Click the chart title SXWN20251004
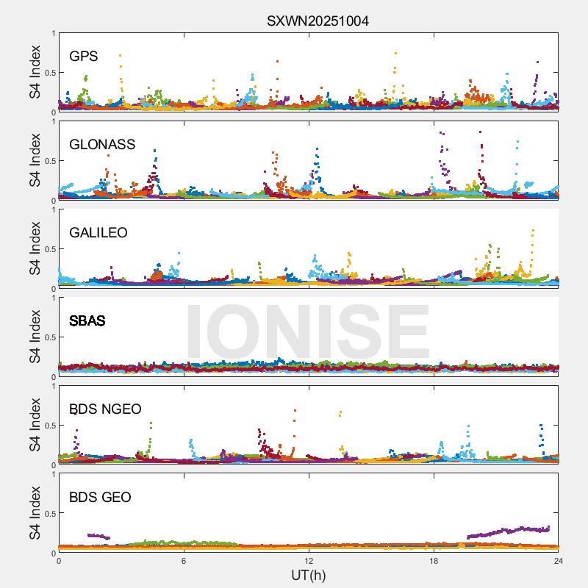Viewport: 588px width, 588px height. pos(318,21)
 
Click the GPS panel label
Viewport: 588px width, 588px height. pos(83,57)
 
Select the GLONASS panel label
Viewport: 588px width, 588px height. pos(102,145)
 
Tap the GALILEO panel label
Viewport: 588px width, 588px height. pos(98,233)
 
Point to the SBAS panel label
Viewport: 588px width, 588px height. pos(87,321)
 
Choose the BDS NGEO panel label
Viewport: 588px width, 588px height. pos(105,409)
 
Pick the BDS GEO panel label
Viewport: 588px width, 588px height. pos(100,498)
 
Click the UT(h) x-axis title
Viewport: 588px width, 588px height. pos(309,575)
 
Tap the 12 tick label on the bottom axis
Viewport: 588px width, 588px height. pos(309,560)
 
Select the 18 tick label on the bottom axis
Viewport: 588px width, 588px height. pos(434,560)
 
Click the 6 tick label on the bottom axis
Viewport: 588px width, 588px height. pos(184,560)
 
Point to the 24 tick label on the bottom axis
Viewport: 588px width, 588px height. pos(559,560)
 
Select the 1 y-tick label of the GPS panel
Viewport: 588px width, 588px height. pos(51,33)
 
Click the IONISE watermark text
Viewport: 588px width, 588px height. pos(309,331)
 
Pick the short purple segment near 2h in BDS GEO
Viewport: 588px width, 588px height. pos(98,537)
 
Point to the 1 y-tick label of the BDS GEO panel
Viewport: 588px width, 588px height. pos(51,474)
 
